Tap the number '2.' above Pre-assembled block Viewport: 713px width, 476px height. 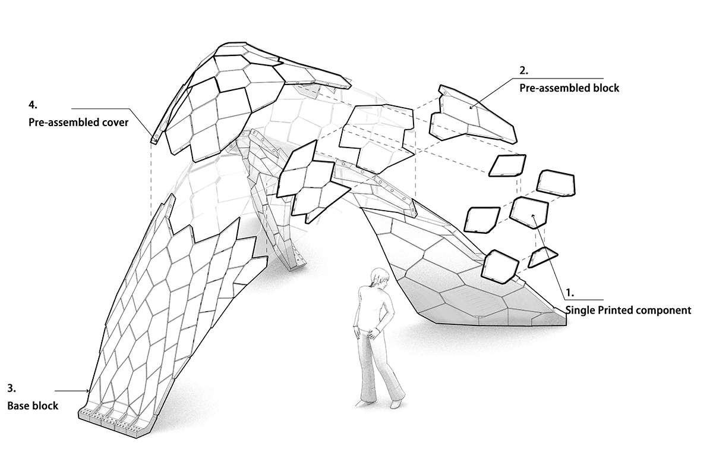pos(524,70)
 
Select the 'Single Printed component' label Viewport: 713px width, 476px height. pos(627,310)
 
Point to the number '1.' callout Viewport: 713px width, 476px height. pos(570,293)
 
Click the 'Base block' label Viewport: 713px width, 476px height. pos(33,406)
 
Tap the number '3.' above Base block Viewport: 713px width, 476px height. pos(11,389)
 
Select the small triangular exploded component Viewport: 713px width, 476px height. pos(543,256)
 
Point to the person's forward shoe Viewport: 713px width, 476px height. pos(395,405)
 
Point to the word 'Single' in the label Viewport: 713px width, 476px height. pos(580,310)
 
